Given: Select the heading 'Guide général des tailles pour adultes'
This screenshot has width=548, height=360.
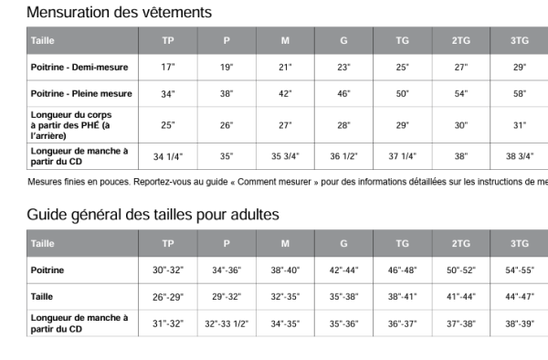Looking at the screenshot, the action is click(153, 215).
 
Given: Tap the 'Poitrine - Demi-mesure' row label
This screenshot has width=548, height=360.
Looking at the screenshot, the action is click(79, 68).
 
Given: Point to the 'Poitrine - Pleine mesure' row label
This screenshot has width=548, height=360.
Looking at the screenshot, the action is click(81, 93).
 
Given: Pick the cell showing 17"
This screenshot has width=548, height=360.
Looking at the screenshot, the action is click(168, 68).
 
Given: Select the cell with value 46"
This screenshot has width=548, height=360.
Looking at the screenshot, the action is click(343, 94).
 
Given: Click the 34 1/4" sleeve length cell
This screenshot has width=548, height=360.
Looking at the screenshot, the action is click(168, 156).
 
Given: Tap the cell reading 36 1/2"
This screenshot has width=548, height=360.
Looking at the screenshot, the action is click(343, 156).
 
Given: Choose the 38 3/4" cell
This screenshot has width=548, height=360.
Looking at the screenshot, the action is click(520, 156).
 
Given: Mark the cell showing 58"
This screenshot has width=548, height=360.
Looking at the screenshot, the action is click(520, 94).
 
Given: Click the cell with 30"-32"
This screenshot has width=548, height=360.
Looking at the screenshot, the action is click(168, 270).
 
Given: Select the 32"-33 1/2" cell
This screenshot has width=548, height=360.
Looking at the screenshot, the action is click(227, 323).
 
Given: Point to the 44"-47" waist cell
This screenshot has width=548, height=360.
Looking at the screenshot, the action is click(520, 297).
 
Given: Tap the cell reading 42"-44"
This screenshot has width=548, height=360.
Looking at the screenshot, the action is click(343, 270).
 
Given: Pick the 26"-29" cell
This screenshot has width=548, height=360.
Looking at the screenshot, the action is click(168, 297).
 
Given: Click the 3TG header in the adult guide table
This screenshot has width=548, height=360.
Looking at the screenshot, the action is click(520, 244).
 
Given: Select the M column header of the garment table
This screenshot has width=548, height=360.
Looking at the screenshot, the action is click(285, 41).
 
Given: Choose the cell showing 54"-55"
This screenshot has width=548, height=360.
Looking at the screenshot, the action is click(520, 270).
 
